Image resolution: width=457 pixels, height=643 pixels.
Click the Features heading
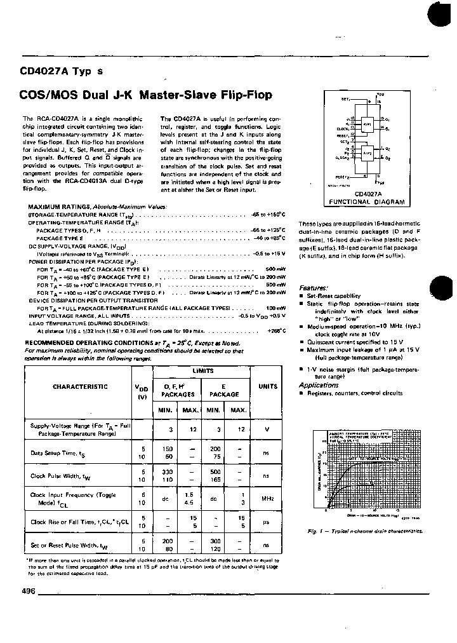coord(313,288)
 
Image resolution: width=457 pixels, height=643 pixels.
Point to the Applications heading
coord(319,385)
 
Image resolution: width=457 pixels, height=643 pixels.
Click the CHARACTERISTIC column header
coord(80,387)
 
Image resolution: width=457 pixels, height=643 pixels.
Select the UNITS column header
coord(267,386)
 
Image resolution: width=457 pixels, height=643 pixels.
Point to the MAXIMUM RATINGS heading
coord(60,206)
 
